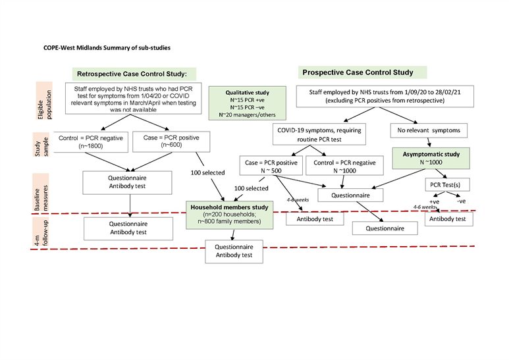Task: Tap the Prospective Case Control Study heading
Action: click(x=358, y=72)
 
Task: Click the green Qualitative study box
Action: click(x=248, y=103)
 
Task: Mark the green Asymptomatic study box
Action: click(x=432, y=158)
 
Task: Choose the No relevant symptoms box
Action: click(x=431, y=129)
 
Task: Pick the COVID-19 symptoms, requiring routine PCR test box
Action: click(x=317, y=134)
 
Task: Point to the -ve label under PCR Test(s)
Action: click(x=461, y=201)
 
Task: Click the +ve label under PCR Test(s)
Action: click(x=433, y=201)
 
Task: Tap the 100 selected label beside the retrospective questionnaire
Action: click(x=203, y=172)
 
